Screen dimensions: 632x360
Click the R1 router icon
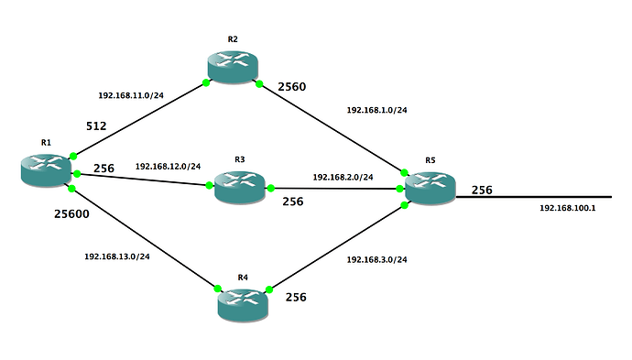click(46, 170)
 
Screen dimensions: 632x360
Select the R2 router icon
click(233, 67)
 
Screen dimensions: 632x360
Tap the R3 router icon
click(239, 188)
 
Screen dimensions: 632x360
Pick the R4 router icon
click(243, 305)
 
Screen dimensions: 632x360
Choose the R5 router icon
click(430, 189)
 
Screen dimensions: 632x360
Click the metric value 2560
click(292, 87)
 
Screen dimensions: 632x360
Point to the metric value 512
click(96, 126)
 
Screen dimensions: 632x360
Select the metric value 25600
click(71, 213)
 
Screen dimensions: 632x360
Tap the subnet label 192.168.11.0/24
click(131, 95)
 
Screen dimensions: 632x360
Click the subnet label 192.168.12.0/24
click(169, 166)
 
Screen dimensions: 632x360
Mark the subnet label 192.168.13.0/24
click(117, 256)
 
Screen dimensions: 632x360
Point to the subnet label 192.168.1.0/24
click(376, 110)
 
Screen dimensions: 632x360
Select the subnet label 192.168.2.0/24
click(343, 177)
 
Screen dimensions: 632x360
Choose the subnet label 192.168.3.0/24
click(376, 259)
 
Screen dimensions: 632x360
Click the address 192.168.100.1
click(568, 208)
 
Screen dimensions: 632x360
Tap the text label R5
click(430, 160)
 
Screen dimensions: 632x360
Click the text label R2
click(233, 39)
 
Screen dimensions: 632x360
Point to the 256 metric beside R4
click(296, 297)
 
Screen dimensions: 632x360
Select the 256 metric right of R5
click(482, 190)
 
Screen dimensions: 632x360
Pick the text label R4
click(243, 278)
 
